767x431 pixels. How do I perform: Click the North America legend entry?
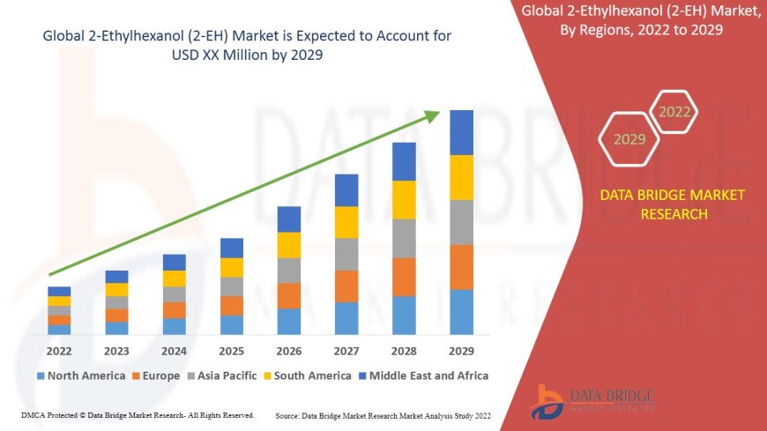[x=81, y=375]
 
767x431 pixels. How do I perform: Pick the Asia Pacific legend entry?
[x=222, y=375]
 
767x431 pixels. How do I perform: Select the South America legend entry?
[x=306, y=375]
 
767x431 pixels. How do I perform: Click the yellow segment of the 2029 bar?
[x=461, y=177]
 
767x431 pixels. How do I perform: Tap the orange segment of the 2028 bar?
[x=404, y=277]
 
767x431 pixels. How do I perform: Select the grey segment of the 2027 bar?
[x=346, y=254]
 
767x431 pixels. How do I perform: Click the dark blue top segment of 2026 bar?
[x=289, y=219]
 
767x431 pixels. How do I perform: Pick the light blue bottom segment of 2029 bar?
[x=461, y=312]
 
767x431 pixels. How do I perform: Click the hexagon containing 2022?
[x=674, y=112]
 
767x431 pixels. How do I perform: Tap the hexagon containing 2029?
[x=629, y=139]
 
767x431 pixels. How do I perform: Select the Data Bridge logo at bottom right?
[x=592, y=401]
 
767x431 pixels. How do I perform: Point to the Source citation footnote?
[x=383, y=415]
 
